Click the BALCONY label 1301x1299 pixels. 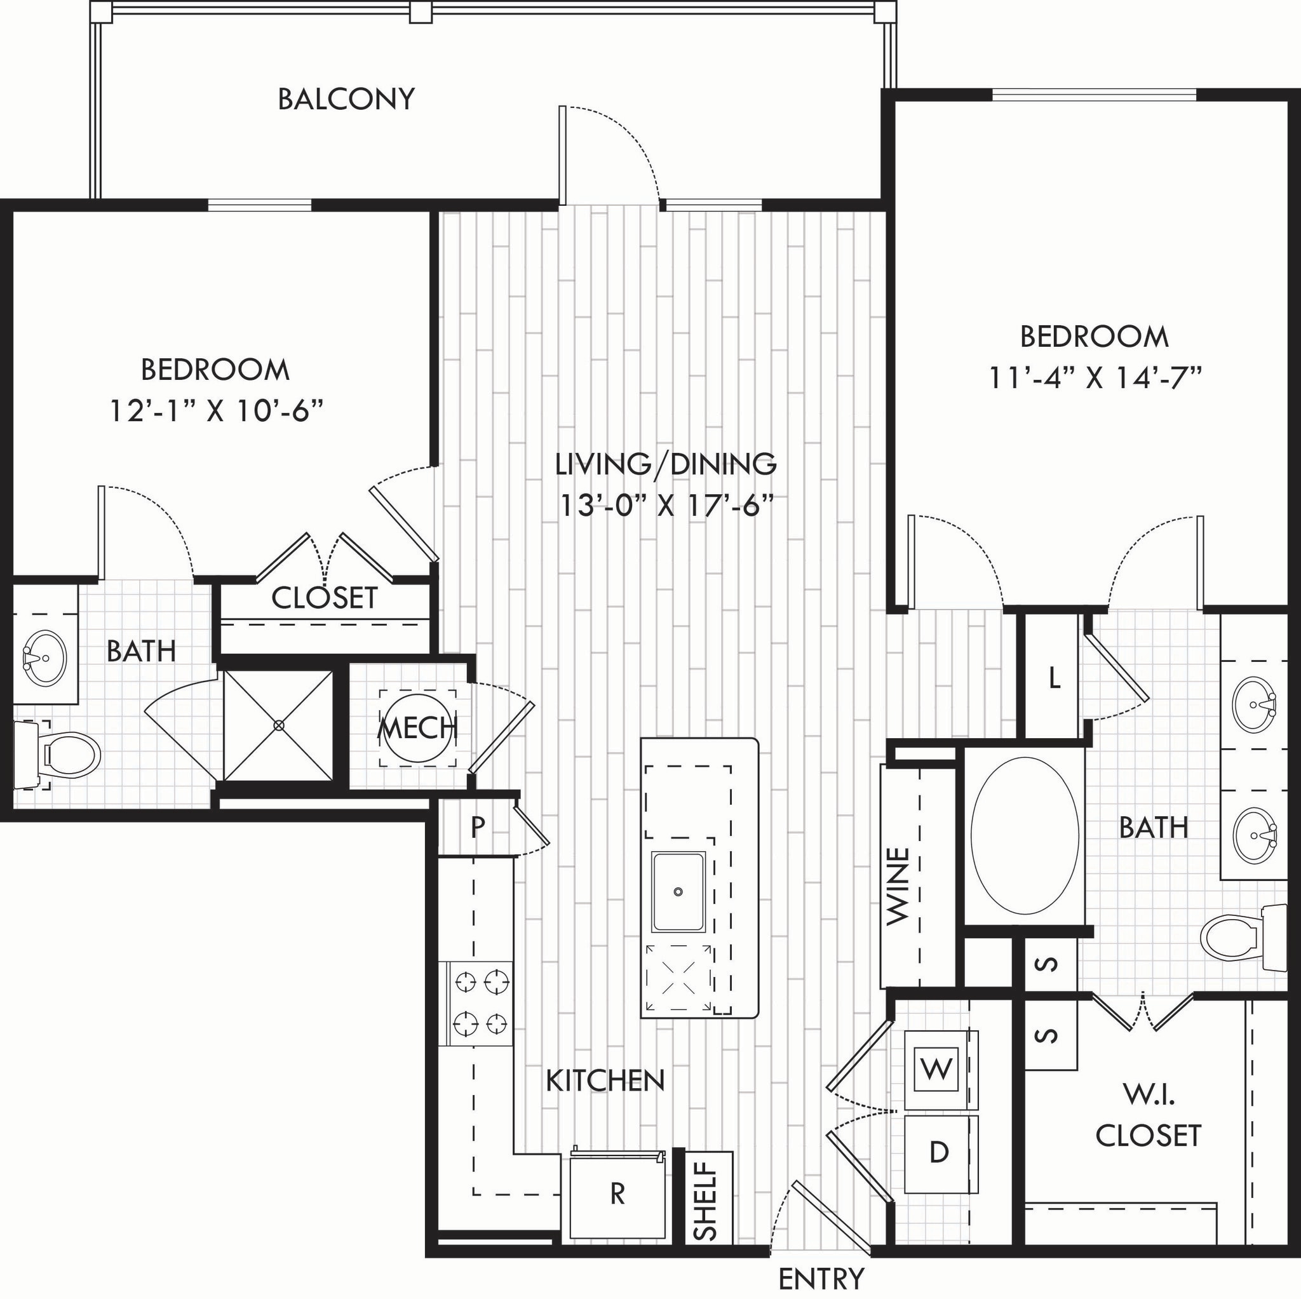(346, 99)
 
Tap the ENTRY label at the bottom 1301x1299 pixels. (821, 1277)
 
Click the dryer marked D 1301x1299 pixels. (939, 1152)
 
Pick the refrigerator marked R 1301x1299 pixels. (617, 1194)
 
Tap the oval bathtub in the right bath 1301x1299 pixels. (1025, 836)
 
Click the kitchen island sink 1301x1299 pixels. (678, 892)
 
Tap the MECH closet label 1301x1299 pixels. (417, 728)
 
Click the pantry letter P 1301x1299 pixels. (478, 826)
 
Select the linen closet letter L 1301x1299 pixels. (1055, 679)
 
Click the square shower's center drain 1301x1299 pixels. (279, 725)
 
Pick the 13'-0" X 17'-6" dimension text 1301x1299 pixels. (665, 505)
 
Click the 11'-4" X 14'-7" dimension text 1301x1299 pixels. (1095, 377)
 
